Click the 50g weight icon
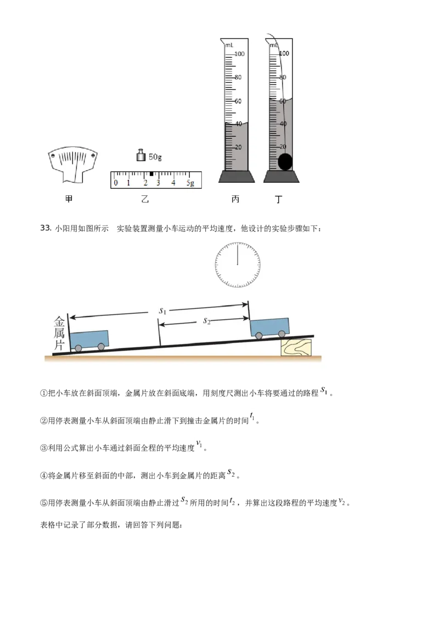click(x=140, y=155)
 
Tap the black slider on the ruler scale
click(x=151, y=174)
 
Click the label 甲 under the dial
click(x=69, y=199)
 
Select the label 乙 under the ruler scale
click(x=145, y=199)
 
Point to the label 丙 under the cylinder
click(x=235, y=199)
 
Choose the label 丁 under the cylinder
click(x=279, y=199)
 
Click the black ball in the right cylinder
click(x=285, y=162)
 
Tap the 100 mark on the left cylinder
click(x=239, y=54)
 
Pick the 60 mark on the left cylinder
click(x=238, y=101)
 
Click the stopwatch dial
click(x=238, y=265)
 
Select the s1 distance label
click(x=162, y=310)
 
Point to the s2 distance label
click(x=206, y=321)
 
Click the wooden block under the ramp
click(x=296, y=347)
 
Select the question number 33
click(x=46, y=228)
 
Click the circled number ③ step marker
click(x=43, y=448)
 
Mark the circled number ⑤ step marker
click(x=43, y=503)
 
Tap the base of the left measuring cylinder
click(x=237, y=177)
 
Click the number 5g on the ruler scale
click(x=190, y=183)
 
